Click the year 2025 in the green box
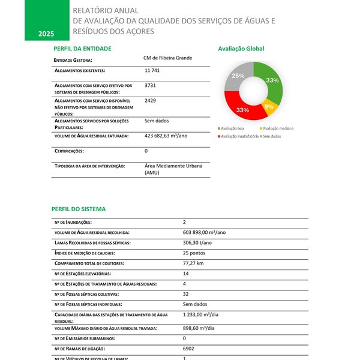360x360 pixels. pyautogui.click(x=46, y=34)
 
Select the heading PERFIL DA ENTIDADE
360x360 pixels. pyautogui.click(x=82, y=49)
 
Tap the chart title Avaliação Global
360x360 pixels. pyautogui.click(x=241, y=49)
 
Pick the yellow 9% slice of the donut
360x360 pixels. pyautogui.click(x=270, y=107)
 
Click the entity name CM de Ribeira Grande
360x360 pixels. pyautogui.click(x=167, y=58)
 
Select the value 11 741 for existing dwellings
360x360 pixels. pyautogui.click(x=152, y=71)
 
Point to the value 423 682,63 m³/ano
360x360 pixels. pyautogui.click(x=166, y=136)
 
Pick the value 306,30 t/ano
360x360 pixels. pyautogui.click(x=197, y=242)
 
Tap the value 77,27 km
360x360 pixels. pyautogui.click(x=193, y=263)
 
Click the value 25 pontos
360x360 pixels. pyautogui.click(x=194, y=253)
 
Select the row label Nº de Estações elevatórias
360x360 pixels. pyautogui.click(x=89, y=274)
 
